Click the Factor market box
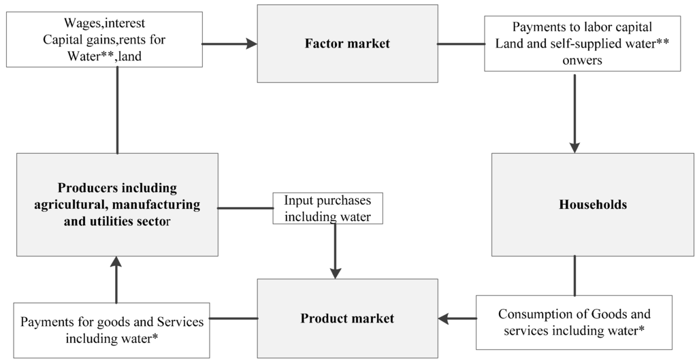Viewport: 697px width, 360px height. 347,44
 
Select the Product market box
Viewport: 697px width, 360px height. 347,318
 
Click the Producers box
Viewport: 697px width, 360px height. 117,204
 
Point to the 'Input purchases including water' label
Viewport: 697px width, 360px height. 327,208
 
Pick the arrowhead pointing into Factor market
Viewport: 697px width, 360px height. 252,44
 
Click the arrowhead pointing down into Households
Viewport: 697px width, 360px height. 574,147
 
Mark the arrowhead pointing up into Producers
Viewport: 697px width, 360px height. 116,262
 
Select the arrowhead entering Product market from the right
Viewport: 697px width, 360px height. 444,318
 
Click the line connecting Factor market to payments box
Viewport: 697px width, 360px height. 461,44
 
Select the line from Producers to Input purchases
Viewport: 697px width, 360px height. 245,208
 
